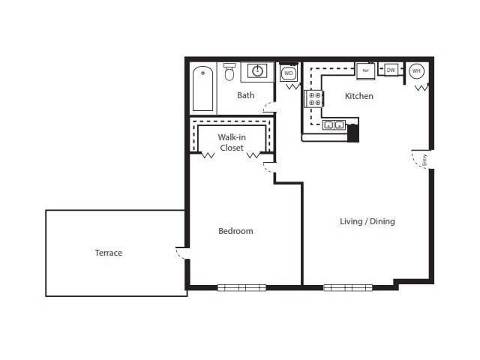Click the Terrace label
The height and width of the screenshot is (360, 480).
pos(108,253)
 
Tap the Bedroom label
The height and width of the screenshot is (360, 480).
pos(235,231)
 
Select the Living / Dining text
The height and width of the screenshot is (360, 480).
pos(367,221)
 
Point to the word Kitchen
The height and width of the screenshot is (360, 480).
pos(358,96)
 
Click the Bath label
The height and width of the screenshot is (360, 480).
pos(245,95)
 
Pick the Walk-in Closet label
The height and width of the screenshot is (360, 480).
pos(232,142)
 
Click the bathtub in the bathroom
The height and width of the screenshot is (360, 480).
pos(203,89)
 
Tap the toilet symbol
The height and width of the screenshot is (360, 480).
pos(229,73)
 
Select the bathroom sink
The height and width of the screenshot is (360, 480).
pos(257,71)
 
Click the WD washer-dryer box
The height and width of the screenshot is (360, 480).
pos(289,73)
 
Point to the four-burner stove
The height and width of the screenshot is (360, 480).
pos(314,99)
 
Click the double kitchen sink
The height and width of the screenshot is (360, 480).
pos(334,125)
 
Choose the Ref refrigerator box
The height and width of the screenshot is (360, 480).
pos(365,70)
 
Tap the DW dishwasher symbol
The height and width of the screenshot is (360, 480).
pos(390,70)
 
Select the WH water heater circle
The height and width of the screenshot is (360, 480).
pos(416,71)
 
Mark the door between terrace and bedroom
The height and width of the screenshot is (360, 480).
pos(181,252)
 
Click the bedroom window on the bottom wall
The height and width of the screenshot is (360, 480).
pos(241,287)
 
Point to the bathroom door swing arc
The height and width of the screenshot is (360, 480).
pos(268,106)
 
